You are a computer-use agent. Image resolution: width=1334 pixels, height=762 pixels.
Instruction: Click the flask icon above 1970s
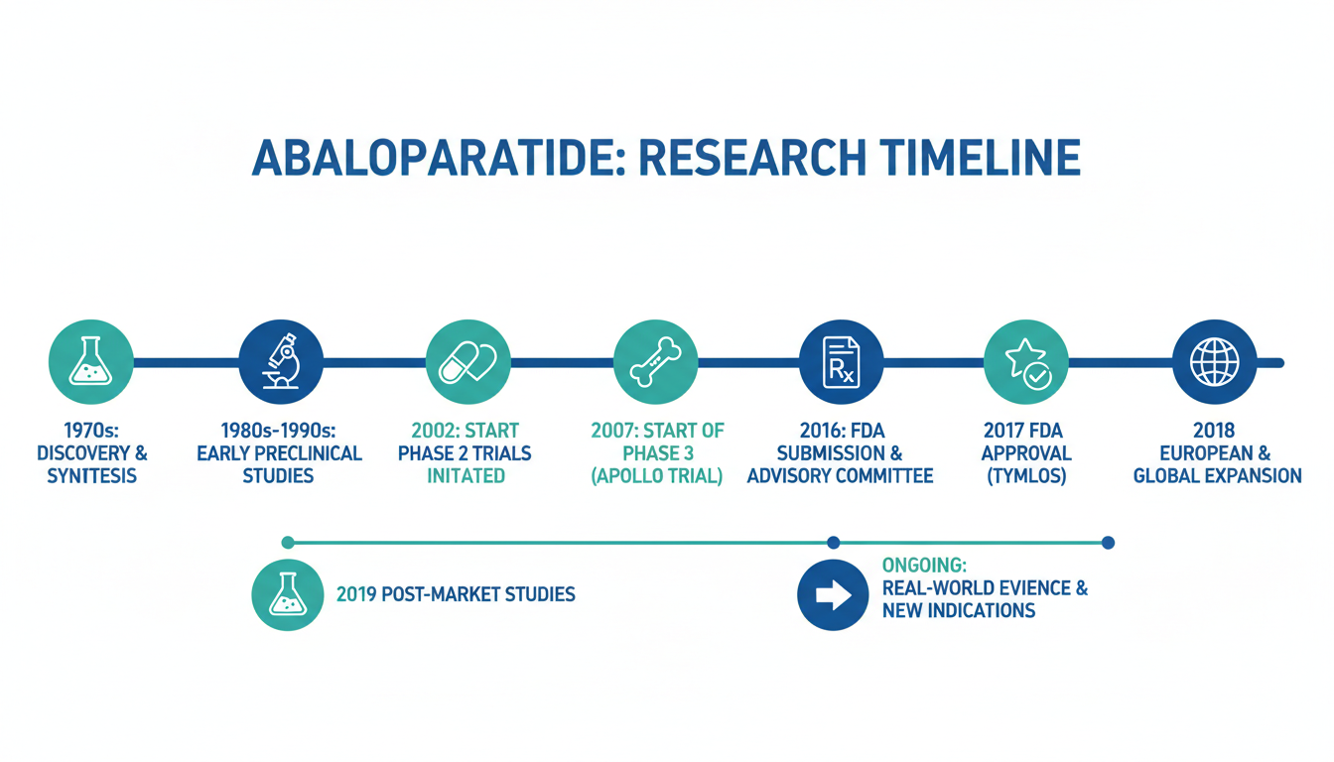coord(90,362)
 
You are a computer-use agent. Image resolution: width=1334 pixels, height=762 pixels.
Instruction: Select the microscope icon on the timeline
coord(281,361)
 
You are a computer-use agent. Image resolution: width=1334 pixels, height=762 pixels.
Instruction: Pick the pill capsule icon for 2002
coord(467,362)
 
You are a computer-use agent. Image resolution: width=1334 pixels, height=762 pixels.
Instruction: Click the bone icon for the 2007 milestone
coord(656,362)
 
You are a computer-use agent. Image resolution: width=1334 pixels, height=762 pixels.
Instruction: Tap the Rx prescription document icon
coord(841,362)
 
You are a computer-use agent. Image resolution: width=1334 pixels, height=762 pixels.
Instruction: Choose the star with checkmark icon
coord(1026,363)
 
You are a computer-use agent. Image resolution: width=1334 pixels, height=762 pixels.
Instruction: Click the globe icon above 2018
coord(1214,362)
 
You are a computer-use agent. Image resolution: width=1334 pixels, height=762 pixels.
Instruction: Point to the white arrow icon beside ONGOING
coord(833,594)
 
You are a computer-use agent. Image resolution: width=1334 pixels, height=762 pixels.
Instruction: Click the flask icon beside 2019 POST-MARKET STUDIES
coord(288,594)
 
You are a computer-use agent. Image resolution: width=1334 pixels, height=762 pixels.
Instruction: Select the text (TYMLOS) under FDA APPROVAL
coord(1026,476)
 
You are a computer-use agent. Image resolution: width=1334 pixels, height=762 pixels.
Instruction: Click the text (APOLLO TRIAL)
coord(657,476)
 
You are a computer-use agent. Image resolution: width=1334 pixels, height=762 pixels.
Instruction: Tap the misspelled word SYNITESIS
coord(91,476)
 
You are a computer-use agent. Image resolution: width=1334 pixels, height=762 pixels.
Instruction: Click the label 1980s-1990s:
coord(278,431)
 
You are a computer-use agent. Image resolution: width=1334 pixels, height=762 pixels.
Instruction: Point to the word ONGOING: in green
coord(924,565)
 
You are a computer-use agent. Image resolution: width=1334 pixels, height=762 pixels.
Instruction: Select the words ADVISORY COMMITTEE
coord(841,476)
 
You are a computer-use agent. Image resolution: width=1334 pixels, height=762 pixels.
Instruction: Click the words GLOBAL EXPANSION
coord(1217,476)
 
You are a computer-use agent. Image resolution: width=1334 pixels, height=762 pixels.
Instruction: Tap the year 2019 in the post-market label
coord(355,594)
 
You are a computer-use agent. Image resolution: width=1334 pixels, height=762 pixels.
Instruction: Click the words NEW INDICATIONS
coord(959,611)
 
